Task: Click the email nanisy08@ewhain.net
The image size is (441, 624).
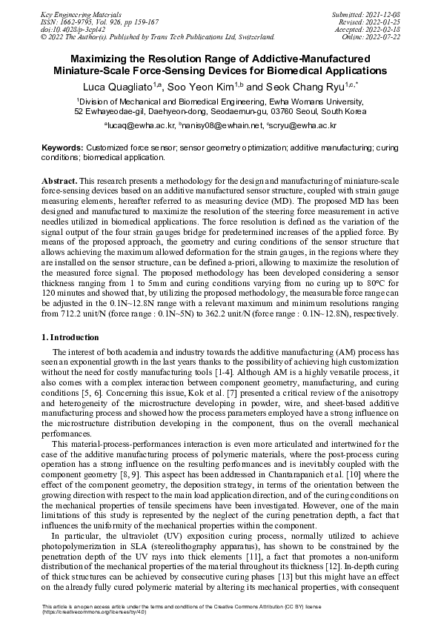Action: pyautogui.click(x=216, y=127)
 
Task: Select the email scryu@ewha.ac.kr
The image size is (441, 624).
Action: pyautogui.click(x=300, y=127)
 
